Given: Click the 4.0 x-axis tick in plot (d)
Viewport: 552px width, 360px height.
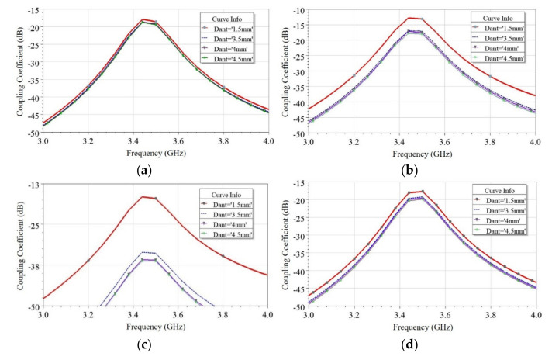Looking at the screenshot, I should point(535,315).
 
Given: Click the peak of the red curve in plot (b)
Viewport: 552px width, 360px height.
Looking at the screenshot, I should point(411,17).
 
